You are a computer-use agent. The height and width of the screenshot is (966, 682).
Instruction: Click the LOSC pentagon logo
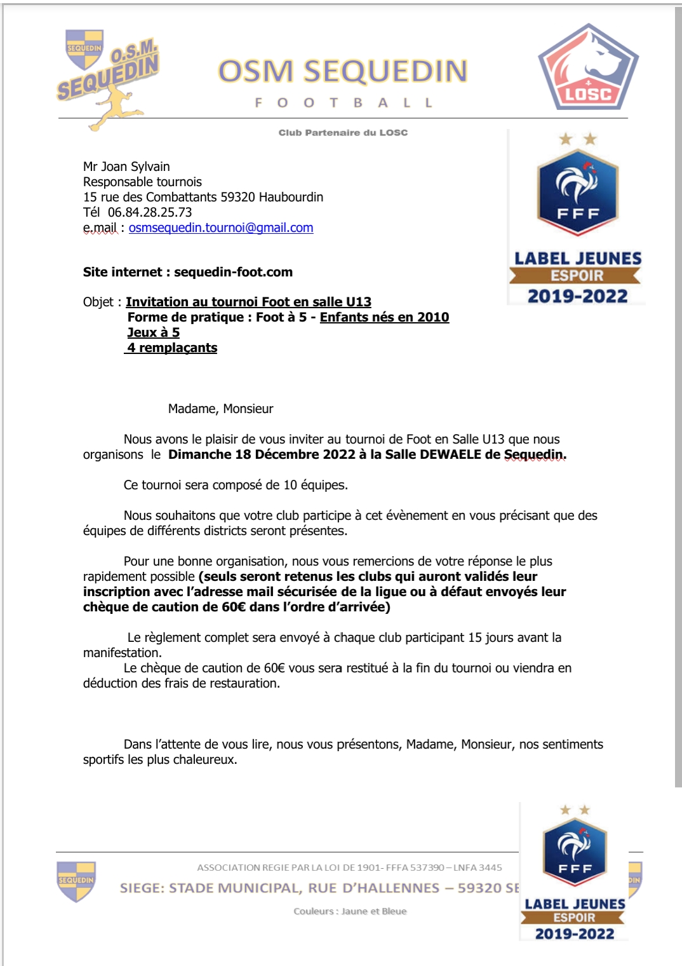(x=588, y=69)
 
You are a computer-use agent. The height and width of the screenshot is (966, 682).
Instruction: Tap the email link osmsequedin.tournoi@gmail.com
(x=221, y=228)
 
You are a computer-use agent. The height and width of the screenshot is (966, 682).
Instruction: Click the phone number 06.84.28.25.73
(x=150, y=212)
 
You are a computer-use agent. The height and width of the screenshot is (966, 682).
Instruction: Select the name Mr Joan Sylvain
(x=126, y=167)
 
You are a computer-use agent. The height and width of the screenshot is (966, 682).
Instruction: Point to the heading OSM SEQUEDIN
(x=343, y=71)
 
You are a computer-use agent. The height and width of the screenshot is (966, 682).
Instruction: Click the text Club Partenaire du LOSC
(x=343, y=133)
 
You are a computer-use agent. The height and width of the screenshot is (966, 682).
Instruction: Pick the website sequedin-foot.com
(x=233, y=272)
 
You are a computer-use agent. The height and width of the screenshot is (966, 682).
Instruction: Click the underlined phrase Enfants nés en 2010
(x=384, y=317)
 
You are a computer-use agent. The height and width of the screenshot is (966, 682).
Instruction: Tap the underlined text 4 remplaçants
(x=172, y=348)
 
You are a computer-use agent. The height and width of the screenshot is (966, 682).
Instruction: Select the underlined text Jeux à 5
(x=154, y=332)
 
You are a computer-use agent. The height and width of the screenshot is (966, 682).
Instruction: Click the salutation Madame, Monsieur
(x=220, y=409)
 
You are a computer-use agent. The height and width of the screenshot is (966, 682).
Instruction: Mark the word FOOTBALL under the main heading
(x=344, y=103)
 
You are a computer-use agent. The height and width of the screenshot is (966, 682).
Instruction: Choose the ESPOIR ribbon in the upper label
(x=577, y=276)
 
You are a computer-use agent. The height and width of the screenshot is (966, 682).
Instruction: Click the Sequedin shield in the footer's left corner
(x=76, y=881)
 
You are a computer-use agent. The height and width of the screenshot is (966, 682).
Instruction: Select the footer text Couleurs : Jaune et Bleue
(x=350, y=911)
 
